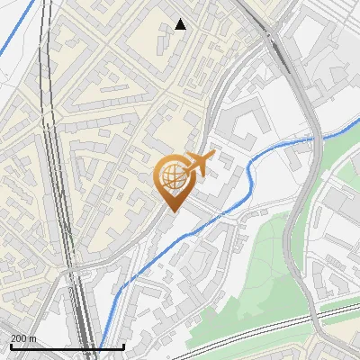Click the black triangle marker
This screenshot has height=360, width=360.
[181, 24]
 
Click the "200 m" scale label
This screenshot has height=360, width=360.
[22, 338]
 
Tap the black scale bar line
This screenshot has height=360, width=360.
[67, 346]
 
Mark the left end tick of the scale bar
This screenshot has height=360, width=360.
[11, 346]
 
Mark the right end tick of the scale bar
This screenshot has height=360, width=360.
[123, 346]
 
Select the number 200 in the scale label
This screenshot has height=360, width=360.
[18, 338]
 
